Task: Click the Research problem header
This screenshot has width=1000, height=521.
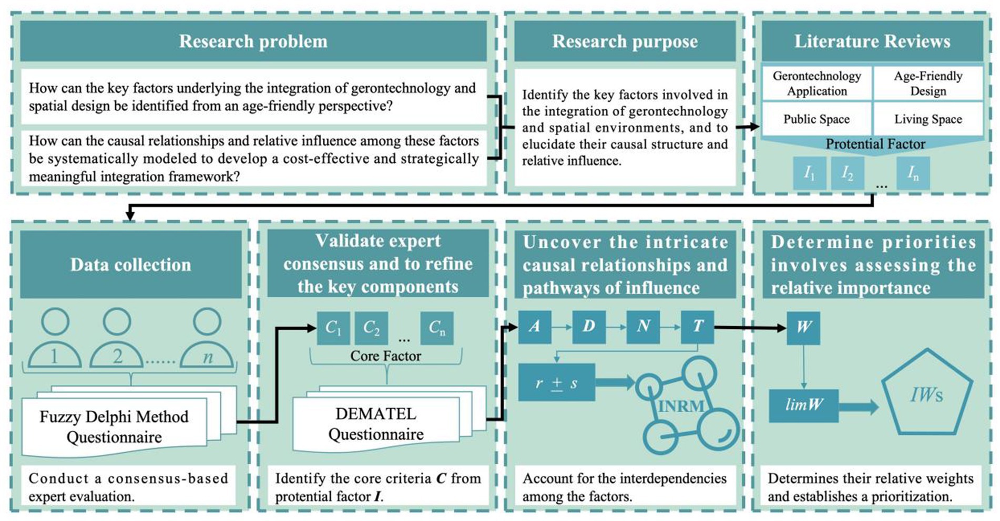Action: tap(253, 41)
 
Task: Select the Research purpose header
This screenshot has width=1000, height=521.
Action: tap(625, 41)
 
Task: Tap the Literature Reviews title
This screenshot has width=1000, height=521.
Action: tap(872, 41)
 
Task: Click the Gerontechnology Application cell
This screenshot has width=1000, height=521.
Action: tap(817, 83)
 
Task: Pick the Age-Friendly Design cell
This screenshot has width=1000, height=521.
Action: tap(928, 83)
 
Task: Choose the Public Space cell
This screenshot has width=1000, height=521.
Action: tap(817, 119)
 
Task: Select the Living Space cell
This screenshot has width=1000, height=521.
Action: tap(928, 119)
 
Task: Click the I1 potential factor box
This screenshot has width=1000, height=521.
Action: tap(809, 173)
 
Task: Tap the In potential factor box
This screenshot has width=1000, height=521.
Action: tap(913, 173)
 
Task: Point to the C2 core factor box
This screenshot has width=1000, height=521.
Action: tap(371, 328)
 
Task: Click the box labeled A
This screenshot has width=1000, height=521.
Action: tap(534, 327)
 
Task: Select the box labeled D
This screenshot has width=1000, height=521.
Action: tap(589, 327)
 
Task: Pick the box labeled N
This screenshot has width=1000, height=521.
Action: tap(643, 327)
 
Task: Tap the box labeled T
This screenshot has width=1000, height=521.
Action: tap(697, 327)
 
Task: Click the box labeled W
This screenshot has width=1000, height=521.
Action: tap(803, 328)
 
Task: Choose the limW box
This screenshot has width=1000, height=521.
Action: tap(803, 405)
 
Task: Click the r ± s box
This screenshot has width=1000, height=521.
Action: tap(556, 383)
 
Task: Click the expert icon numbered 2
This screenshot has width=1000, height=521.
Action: tap(117, 341)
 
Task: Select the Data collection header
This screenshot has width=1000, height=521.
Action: tap(130, 265)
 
